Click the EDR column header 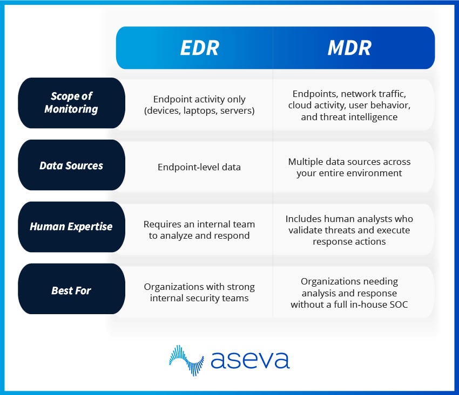199,47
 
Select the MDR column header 349,47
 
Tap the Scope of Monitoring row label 71,102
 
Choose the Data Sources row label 71,165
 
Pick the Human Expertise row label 71,226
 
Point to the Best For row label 71,290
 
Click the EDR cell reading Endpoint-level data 199,167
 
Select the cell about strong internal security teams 199,292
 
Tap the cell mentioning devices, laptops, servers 199,105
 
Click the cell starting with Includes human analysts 349,230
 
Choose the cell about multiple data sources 349,167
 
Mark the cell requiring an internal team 199,230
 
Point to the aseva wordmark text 250,359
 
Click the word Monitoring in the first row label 71,109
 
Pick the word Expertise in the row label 89,226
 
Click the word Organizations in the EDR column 172,287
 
